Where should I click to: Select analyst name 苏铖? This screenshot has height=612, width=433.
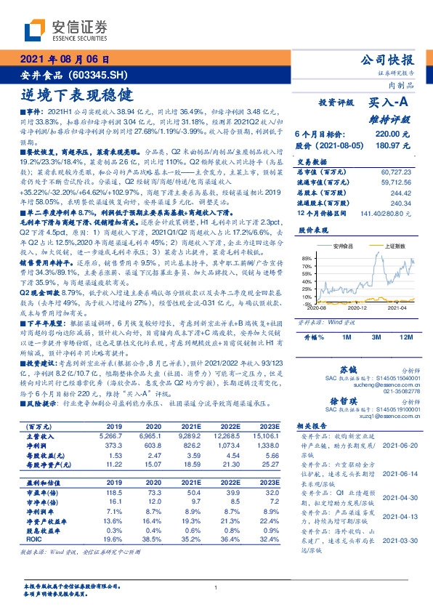349,370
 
